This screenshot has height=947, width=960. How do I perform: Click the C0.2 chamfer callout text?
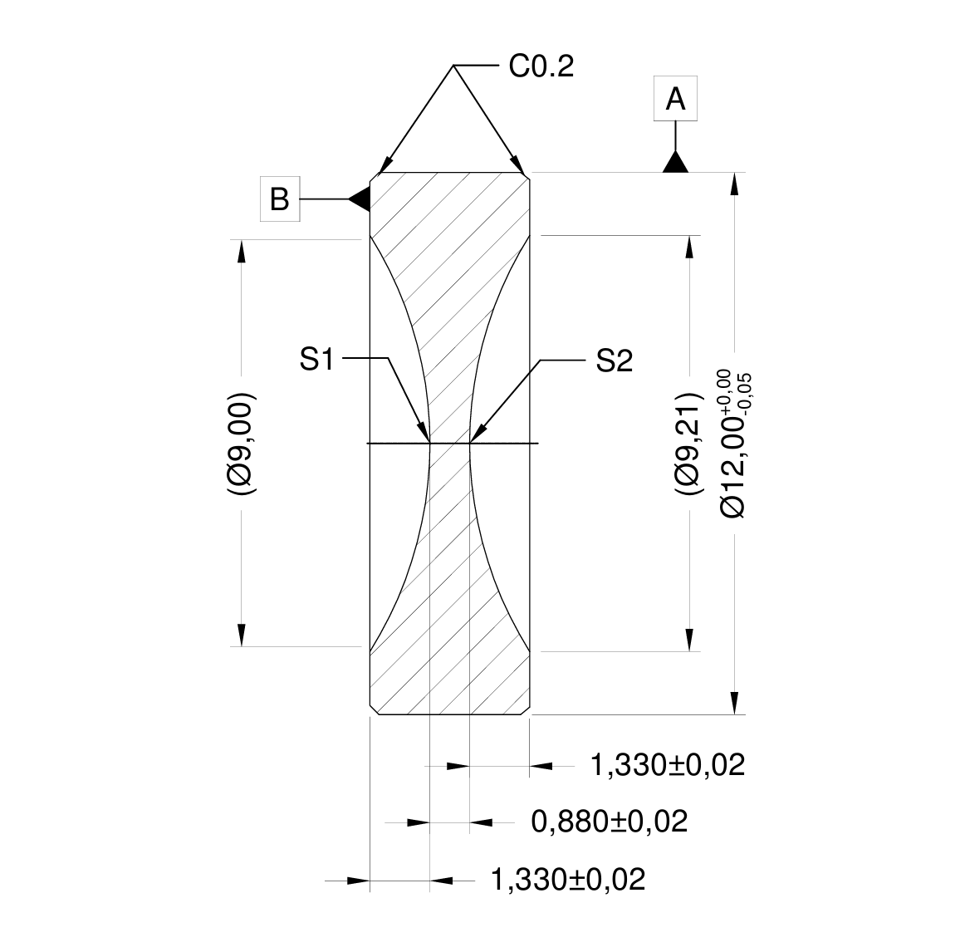tap(541, 66)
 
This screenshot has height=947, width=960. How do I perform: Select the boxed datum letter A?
tap(675, 99)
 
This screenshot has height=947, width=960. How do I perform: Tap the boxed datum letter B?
tap(280, 199)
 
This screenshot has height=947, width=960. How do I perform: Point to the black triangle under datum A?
tap(676, 162)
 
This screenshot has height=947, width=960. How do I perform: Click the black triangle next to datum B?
tap(359, 199)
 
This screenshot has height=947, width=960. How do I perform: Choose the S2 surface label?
tap(615, 361)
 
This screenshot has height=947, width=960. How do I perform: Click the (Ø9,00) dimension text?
tap(242, 443)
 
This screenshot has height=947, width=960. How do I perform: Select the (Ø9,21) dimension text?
tap(689, 444)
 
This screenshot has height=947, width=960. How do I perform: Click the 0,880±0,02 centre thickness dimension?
tap(610, 822)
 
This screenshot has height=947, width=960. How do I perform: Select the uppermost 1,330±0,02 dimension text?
tap(667, 764)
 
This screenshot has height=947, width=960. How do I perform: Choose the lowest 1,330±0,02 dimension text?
tap(568, 879)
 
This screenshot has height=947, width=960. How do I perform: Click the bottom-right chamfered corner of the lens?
tap(526, 710)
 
